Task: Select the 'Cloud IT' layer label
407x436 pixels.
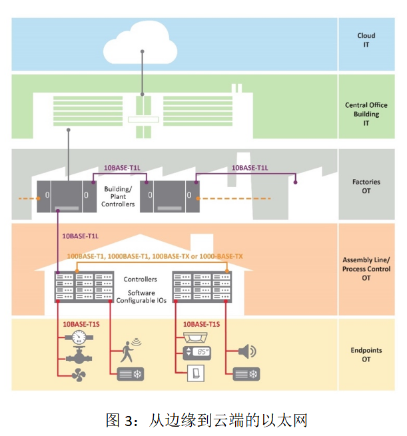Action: tap(366, 41)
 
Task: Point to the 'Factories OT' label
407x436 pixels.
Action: tap(366, 186)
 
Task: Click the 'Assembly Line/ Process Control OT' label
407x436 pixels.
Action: tap(366, 269)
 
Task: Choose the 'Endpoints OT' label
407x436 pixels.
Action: tap(366, 354)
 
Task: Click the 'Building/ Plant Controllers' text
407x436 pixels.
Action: tap(118, 196)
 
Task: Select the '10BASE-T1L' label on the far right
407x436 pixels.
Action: tap(250, 168)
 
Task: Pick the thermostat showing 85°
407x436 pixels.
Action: tap(197, 353)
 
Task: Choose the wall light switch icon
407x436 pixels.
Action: tap(198, 375)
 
